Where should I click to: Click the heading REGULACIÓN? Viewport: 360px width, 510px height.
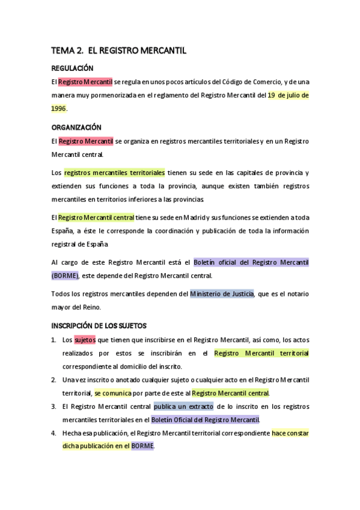pos(72,69)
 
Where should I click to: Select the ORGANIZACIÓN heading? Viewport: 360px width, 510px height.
pos(76,127)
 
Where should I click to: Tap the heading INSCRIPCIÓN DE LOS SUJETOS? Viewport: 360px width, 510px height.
pos(99,326)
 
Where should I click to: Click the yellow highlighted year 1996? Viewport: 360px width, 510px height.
pos(58,109)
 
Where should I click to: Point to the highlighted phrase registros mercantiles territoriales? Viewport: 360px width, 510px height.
pos(114,173)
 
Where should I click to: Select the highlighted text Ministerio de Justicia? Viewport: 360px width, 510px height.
pos(222,293)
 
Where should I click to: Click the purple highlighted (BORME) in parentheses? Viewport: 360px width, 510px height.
pos(65,276)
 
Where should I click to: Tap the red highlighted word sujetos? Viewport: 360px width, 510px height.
pos(85,340)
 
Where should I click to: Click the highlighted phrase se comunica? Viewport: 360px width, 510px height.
pos(113,393)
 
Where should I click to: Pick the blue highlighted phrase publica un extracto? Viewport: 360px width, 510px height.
pos(183,407)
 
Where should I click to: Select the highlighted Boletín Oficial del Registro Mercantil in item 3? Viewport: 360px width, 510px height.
pos(205,420)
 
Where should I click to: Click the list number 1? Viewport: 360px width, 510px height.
pos(53,340)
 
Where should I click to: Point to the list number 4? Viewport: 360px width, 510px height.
pos(53,433)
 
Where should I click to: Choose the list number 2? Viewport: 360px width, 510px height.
pos(53,380)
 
